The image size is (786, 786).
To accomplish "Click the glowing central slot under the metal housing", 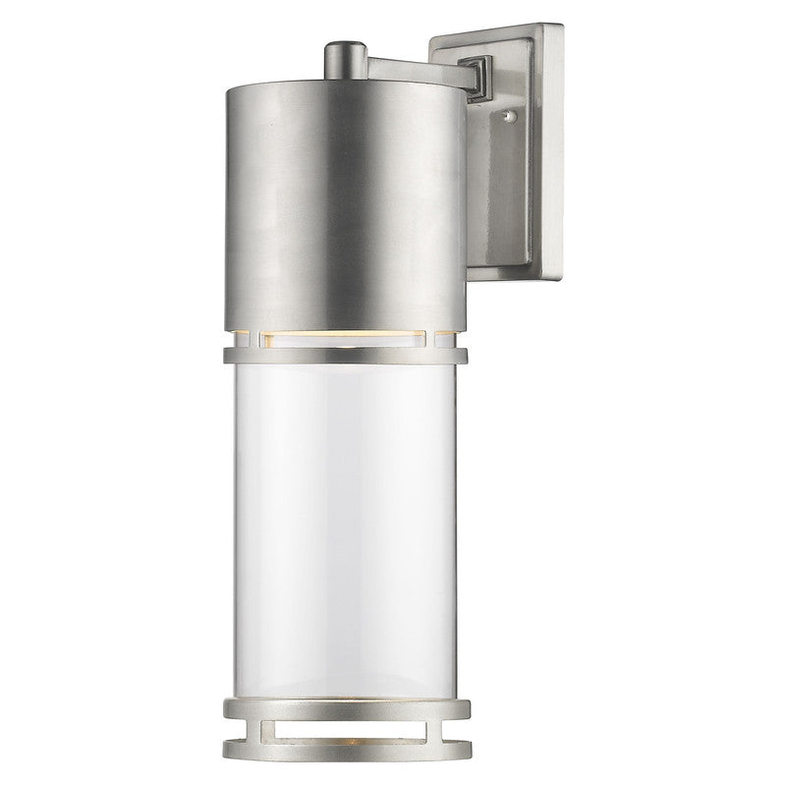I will point(344,338).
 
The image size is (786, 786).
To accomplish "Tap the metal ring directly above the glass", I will point(344,353).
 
